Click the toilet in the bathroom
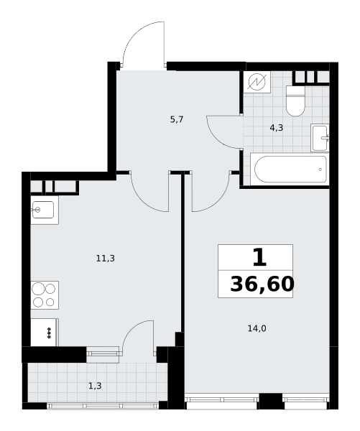click(x=295, y=101)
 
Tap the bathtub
click(x=291, y=170)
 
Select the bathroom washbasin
click(x=320, y=138)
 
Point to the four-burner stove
click(x=45, y=295)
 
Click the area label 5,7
click(x=177, y=119)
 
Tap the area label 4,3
click(x=276, y=128)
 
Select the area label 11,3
click(x=106, y=259)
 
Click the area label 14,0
click(x=257, y=328)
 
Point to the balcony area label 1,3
click(x=95, y=386)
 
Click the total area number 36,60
click(x=262, y=284)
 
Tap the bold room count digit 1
click(x=259, y=258)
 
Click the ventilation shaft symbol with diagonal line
click(x=257, y=82)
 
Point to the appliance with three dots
click(x=45, y=332)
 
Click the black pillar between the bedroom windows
click(x=271, y=402)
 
